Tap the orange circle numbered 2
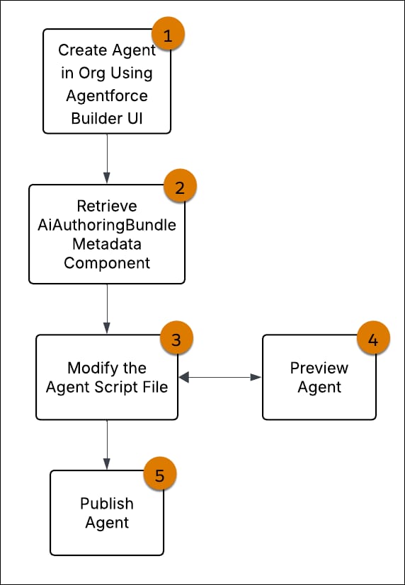[x=180, y=187]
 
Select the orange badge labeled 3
[x=176, y=339]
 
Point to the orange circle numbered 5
[x=160, y=475]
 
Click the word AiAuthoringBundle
[x=106, y=225]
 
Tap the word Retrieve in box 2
[x=106, y=207]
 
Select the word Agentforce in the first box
[x=106, y=99]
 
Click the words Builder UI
[x=106, y=117]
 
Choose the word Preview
[x=319, y=368]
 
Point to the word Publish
[x=106, y=504]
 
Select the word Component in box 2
[x=106, y=262]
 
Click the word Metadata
[x=106, y=244]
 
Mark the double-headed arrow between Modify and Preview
[x=220, y=378]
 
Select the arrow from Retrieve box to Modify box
[x=107, y=308]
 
